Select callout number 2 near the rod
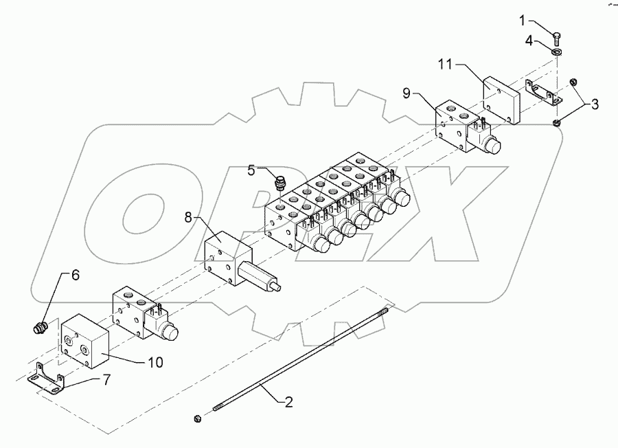tap(289, 401)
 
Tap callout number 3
tap(595, 104)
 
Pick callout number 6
tap(76, 275)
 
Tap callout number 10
tap(155, 361)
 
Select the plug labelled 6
tap(41, 328)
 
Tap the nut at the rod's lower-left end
tap(197, 417)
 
